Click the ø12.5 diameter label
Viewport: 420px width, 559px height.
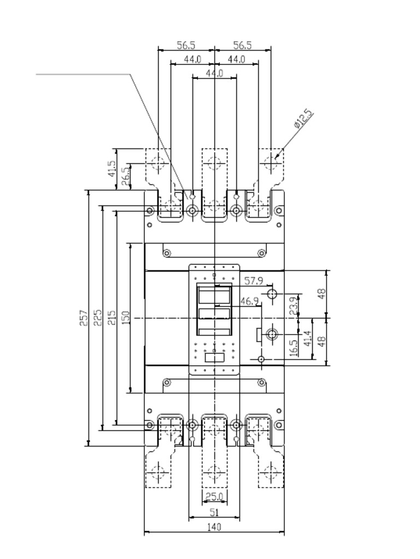(302, 120)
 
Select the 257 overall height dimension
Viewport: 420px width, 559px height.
(84, 318)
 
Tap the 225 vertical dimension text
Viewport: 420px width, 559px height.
(98, 318)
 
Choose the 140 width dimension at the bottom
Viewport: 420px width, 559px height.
(214, 527)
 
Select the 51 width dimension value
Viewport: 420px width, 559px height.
(214, 512)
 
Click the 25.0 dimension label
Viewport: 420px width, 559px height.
(214, 497)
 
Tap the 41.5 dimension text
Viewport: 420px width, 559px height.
(112, 169)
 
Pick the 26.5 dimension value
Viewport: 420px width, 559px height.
(125, 176)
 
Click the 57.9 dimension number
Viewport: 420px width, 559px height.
(253, 281)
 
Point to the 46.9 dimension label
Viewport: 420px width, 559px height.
(249, 301)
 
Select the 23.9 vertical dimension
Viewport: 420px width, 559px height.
(294, 306)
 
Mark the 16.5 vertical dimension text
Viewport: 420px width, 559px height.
(294, 348)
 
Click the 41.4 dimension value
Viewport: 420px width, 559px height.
(307, 338)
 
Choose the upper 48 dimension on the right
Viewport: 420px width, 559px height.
(322, 293)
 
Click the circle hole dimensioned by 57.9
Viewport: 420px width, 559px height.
(272, 295)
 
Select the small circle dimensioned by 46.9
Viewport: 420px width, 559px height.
(261, 359)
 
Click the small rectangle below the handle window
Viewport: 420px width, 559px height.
(214, 358)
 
